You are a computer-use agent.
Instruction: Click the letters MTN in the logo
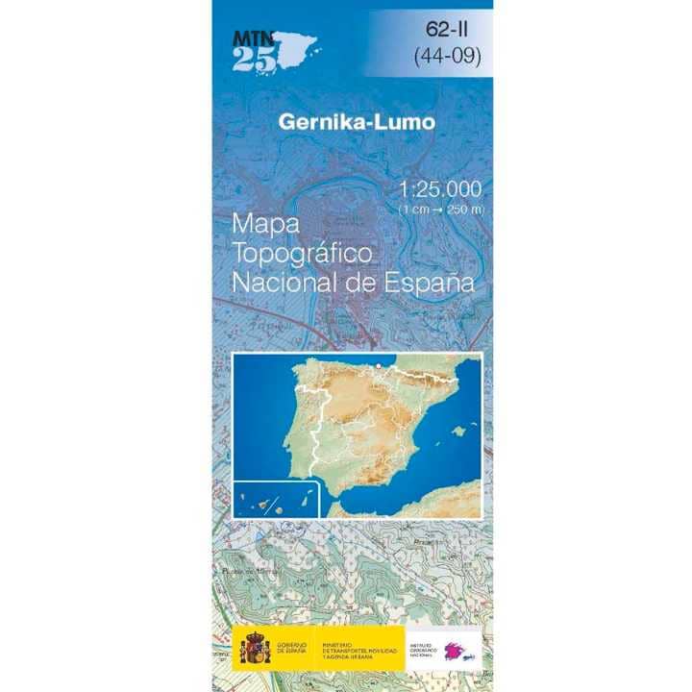click(x=253, y=37)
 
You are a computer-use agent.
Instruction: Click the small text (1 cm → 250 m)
click(x=441, y=209)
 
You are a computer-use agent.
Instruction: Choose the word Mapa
click(x=266, y=224)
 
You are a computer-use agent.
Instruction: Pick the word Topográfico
click(x=302, y=254)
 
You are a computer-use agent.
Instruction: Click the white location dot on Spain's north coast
click(x=379, y=365)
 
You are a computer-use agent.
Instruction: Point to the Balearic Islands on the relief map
click(x=457, y=430)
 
